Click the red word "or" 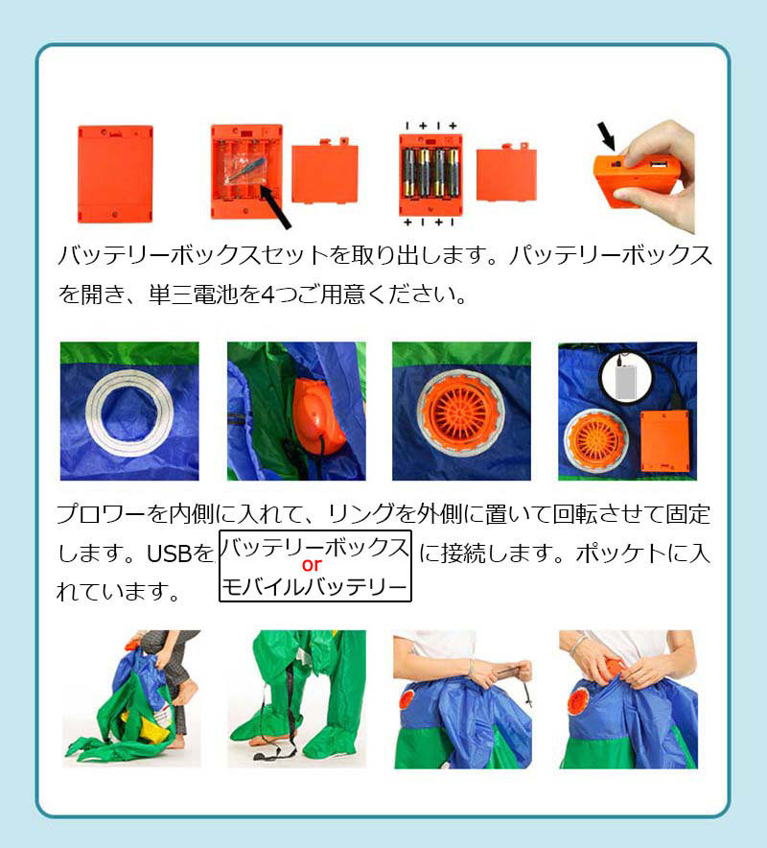click(312, 565)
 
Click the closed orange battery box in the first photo click(115, 174)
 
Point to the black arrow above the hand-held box click(606, 136)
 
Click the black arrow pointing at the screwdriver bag click(275, 206)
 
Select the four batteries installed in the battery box click(430, 172)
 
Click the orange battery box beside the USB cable click(664, 440)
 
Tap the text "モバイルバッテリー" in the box click(314, 587)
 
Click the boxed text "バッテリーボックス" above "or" click(314, 547)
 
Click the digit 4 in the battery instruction click(267, 294)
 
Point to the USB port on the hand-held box click(656, 163)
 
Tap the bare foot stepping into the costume click(185, 695)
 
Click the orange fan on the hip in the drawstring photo click(407, 699)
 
